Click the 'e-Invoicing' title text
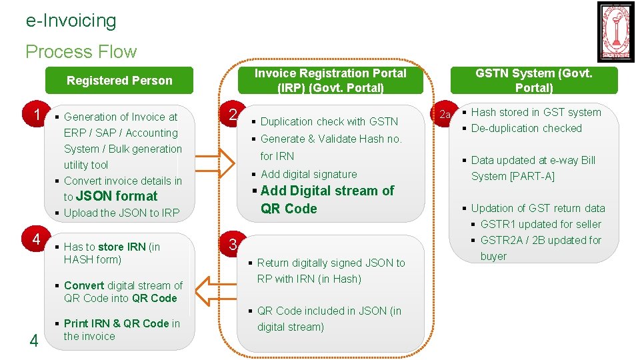[71, 21]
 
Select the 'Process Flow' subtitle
[81, 51]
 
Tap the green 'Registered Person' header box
[119, 81]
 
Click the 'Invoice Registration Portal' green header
[331, 80]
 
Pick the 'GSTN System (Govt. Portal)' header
[533, 80]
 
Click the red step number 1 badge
[38, 114]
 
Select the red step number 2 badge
[232, 114]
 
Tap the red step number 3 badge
[233, 245]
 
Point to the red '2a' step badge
[445, 115]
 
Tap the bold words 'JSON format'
[117, 196]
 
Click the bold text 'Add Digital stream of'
[327, 191]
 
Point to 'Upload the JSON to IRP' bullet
[121, 213]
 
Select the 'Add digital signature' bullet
[309, 174]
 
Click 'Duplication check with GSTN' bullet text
[329, 121]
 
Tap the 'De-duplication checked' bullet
[526, 128]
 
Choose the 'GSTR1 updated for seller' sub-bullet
[541, 224]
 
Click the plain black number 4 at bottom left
[33, 341]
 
